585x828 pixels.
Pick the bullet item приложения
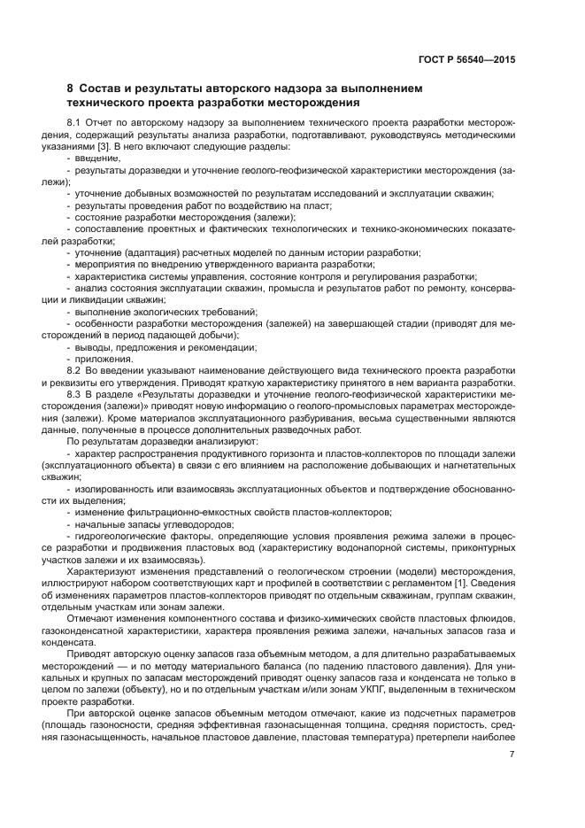point(104,358)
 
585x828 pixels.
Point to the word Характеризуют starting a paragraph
point(102,569)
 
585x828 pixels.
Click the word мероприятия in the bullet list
point(104,264)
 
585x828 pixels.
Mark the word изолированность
point(112,489)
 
